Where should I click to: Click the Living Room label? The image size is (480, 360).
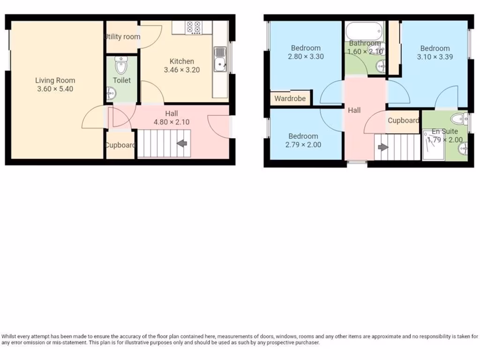[x=55, y=80]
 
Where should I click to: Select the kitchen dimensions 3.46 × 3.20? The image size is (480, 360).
[x=182, y=70]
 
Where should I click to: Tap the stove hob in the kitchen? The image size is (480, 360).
[x=193, y=28]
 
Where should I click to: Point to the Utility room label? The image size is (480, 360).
[x=121, y=37]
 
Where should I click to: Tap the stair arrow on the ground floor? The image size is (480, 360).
[x=182, y=143]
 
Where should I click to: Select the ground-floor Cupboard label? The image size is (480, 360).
[x=120, y=145]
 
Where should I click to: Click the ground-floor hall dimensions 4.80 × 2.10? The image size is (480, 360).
[x=172, y=122]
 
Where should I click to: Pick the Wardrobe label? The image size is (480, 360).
[x=290, y=98]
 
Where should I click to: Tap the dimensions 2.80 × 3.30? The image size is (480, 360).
[x=306, y=56]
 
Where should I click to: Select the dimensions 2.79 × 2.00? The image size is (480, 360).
[x=303, y=145]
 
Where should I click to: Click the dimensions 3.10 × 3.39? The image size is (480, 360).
[x=435, y=57]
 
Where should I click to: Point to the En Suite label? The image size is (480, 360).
[x=444, y=132]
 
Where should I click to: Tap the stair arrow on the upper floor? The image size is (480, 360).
[x=383, y=147]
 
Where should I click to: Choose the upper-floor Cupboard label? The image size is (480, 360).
[x=403, y=120]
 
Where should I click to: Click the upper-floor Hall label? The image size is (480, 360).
[x=354, y=111]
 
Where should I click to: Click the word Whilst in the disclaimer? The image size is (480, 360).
[x=10, y=337]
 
